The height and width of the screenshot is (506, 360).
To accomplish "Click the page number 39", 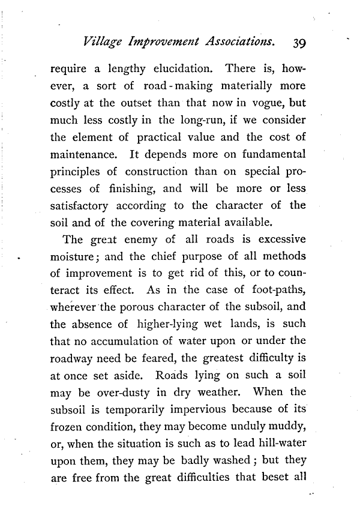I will point(298,43).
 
